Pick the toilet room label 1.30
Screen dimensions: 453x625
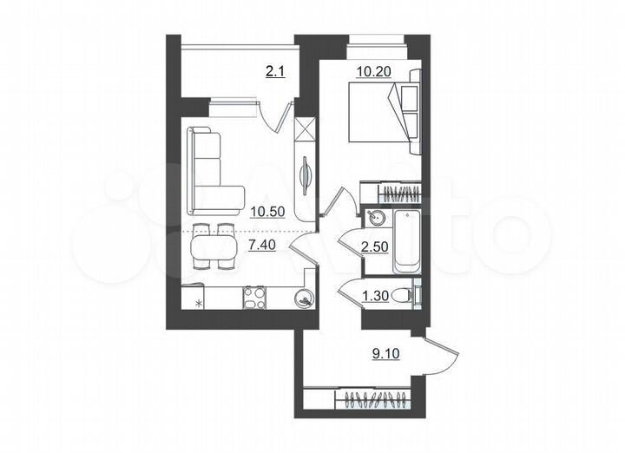pyautogui.click(x=374, y=296)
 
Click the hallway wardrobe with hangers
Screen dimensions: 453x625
pyautogui.click(x=377, y=401)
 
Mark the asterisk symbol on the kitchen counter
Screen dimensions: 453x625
pyautogui.click(x=200, y=303)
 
